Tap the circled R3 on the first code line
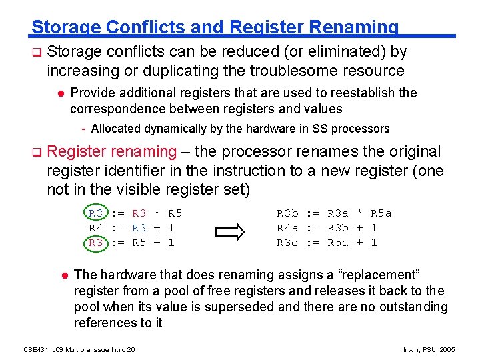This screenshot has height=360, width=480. coord(96,213)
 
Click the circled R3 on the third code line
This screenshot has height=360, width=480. coord(96,243)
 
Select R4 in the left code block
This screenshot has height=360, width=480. coord(96,228)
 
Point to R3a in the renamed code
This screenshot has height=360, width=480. coord(338,213)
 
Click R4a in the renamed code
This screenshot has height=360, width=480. coord(287,228)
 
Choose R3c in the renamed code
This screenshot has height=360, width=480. coord(287,243)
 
